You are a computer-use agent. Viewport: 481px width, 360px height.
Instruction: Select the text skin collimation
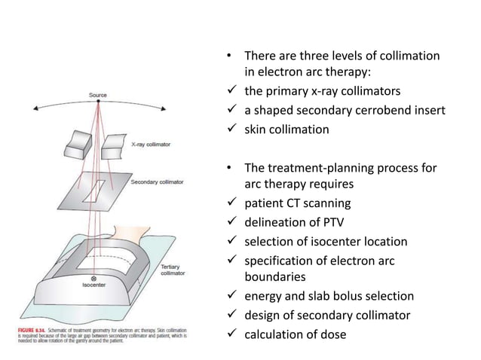[286, 129]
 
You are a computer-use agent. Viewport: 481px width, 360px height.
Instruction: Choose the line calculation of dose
[294, 334]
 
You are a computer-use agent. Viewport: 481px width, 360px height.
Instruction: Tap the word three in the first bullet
[312, 56]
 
